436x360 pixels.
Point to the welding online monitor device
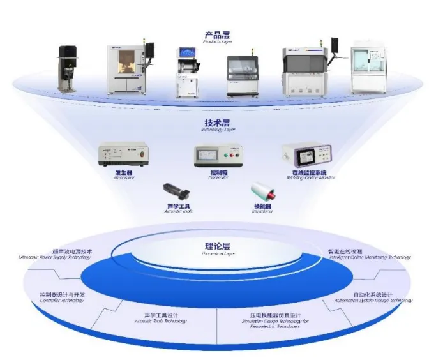point(308,155)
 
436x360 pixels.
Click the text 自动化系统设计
point(375,295)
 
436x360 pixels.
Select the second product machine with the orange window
point(128,69)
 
